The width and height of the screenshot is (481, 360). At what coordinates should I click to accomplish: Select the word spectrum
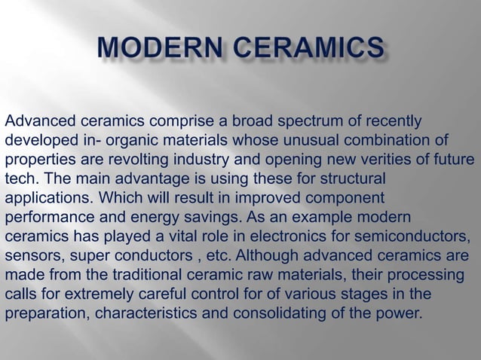pos(314,122)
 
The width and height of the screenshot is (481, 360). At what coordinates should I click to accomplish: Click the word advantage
pos(149,179)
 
